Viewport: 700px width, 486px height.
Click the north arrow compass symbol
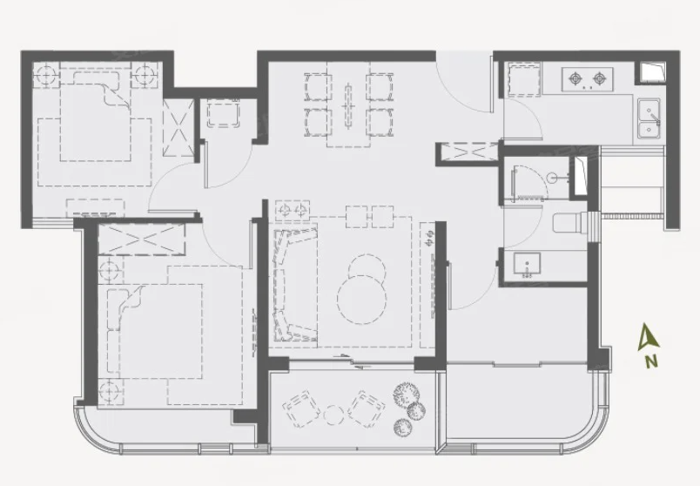click(x=649, y=336)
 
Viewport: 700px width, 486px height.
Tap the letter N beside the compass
click(x=651, y=361)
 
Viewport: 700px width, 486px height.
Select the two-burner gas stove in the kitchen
click(x=587, y=79)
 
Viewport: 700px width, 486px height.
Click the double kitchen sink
click(x=649, y=118)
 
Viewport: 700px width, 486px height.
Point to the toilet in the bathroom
click(x=570, y=222)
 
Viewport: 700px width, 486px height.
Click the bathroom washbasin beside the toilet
click(x=527, y=266)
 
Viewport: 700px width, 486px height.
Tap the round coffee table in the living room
click(x=362, y=300)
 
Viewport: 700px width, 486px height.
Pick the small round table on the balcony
click(x=333, y=415)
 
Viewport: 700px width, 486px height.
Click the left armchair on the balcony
click(x=301, y=408)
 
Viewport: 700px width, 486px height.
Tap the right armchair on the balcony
click(x=366, y=408)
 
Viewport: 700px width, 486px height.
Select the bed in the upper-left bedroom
click(x=95, y=115)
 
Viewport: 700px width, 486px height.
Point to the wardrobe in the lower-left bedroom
click(x=141, y=239)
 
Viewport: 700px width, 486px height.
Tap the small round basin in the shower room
click(x=552, y=178)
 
